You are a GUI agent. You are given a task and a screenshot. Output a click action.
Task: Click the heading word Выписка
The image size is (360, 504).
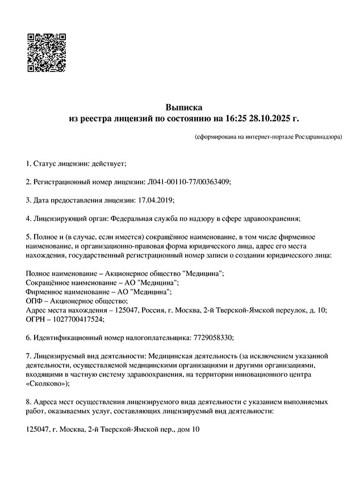click(183, 107)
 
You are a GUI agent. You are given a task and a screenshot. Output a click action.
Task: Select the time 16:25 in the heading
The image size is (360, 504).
click(237, 119)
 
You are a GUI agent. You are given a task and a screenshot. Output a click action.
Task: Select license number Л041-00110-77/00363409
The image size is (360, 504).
click(189, 182)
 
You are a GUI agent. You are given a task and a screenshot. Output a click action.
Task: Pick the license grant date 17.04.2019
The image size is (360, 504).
click(156, 200)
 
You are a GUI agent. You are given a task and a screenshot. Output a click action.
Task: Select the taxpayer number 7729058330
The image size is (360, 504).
click(210, 337)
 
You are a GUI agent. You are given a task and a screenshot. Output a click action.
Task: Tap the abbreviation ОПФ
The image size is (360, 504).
click(34, 301)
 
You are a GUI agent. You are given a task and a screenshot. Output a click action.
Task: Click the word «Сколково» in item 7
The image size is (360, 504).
click(48, 384)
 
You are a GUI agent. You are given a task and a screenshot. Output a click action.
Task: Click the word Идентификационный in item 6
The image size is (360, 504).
click(66, 337)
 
